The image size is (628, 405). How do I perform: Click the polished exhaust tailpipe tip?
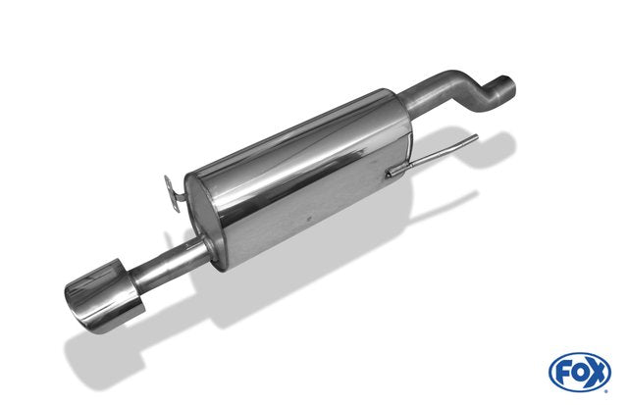click(104, 295)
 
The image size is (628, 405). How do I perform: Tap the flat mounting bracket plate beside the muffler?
click(172, 192)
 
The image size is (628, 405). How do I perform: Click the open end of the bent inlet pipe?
click(506, 85)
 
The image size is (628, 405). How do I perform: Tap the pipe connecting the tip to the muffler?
click(168, 262)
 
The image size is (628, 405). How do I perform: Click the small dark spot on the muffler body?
click(309, 220)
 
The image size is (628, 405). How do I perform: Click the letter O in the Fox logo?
click(580, 373)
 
